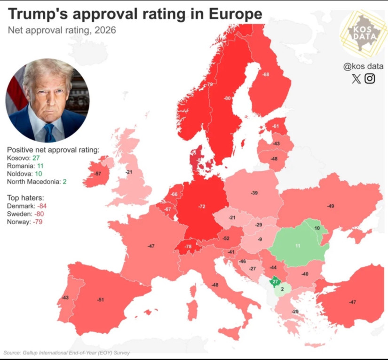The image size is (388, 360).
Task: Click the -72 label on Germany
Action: click(201, 207)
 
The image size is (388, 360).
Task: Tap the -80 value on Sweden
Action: click(227, 98)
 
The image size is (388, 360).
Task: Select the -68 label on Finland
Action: click(266, 75)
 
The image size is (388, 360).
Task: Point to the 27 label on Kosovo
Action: click(275, 281)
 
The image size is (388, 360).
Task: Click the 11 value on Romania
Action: click(297, 246)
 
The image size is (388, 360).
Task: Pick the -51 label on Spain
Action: click(100, 299)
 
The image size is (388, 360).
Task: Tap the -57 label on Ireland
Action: click(98, 174)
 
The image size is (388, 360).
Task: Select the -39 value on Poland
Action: click(254, 193)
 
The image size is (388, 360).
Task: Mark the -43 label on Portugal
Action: click(65, 297)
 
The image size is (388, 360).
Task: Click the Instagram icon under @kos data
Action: click(370, 79)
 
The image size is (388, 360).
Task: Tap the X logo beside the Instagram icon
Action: click(356, 79)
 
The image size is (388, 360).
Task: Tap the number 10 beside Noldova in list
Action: click(39, 174)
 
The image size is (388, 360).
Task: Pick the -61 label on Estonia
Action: click(276, 126)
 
